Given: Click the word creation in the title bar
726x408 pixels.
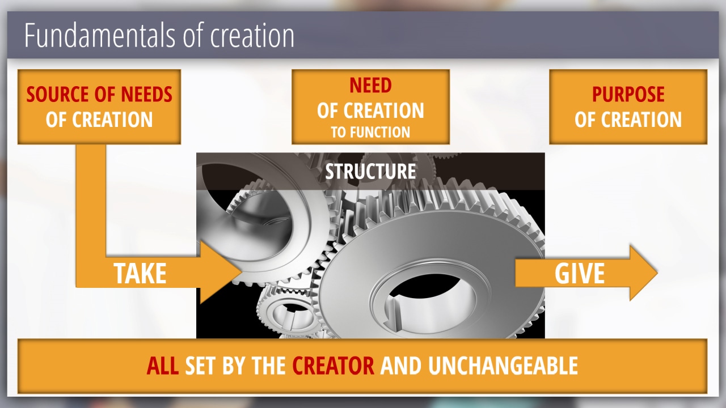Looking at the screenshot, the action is [252, 36].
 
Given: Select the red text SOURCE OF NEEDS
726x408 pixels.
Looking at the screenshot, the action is [99, 94].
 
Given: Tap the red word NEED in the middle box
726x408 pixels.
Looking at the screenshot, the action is [370, 85].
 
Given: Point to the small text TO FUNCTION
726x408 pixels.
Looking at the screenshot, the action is [370, 132].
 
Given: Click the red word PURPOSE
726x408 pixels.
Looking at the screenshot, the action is [628, 94].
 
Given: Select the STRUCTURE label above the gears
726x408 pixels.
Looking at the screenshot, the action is [370, 171].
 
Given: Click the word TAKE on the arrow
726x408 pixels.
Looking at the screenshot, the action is [140, 273].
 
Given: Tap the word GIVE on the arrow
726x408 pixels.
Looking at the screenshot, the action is [580, 273].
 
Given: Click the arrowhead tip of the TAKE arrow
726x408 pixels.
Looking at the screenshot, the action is [242, 273].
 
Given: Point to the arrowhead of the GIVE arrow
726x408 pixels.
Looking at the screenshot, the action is [644, 273].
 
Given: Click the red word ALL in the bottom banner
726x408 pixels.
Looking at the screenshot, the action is [162, 365].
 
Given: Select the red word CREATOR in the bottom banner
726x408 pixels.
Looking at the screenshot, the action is [333, 365].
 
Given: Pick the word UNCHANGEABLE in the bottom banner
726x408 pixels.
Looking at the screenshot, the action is [503, 365].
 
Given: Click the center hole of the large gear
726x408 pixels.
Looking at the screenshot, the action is [428, 301].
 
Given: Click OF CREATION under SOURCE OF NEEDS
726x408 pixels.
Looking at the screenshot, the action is [99, 120].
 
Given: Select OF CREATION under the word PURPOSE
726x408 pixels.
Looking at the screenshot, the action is [628, 120].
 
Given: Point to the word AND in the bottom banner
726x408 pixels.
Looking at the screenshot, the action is [401, 365].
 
